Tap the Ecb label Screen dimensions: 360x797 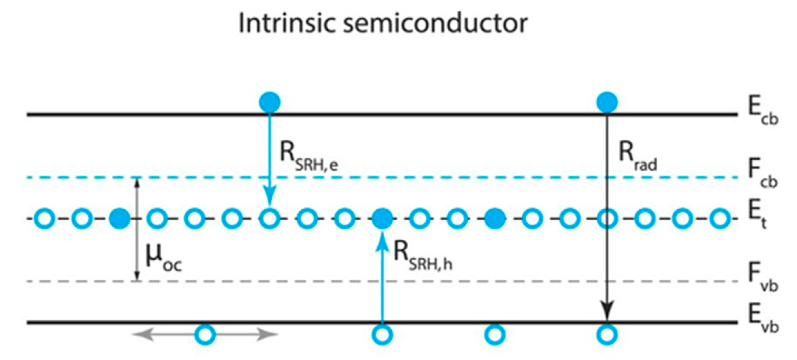pyautogui.click(x=763, y=110)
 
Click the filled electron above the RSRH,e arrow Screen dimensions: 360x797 pyautogui.click(x=270, y=102)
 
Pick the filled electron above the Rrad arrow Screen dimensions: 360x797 pyautogui.click(x=607, y=102)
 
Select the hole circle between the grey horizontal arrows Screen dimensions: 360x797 pyautogui.click(x=205, y=334)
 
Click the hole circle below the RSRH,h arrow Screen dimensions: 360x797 pyautogui.click(x=382, y=334)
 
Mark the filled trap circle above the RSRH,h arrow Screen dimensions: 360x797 pyautogui.click(x=382, y=218)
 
